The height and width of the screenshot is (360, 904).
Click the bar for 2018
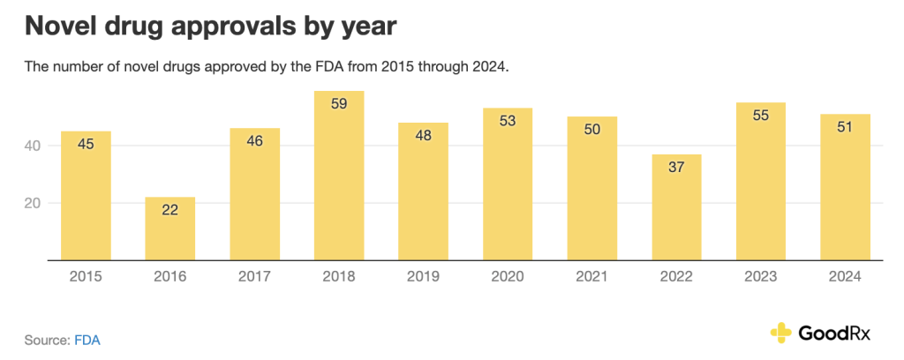339,176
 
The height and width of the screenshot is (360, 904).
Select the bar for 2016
170,229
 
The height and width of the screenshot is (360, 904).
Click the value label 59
339,104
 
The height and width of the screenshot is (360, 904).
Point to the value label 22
170,210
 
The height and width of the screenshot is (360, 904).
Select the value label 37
676,168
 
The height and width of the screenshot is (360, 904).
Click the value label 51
845,127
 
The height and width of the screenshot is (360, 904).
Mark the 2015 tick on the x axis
86,276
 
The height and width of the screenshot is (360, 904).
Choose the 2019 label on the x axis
424,276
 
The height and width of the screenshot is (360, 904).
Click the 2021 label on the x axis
592,276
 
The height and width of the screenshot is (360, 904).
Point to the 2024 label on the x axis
845,276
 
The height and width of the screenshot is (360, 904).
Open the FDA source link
87,339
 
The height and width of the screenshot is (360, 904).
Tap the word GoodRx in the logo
834,333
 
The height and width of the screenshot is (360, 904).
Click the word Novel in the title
60,26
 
